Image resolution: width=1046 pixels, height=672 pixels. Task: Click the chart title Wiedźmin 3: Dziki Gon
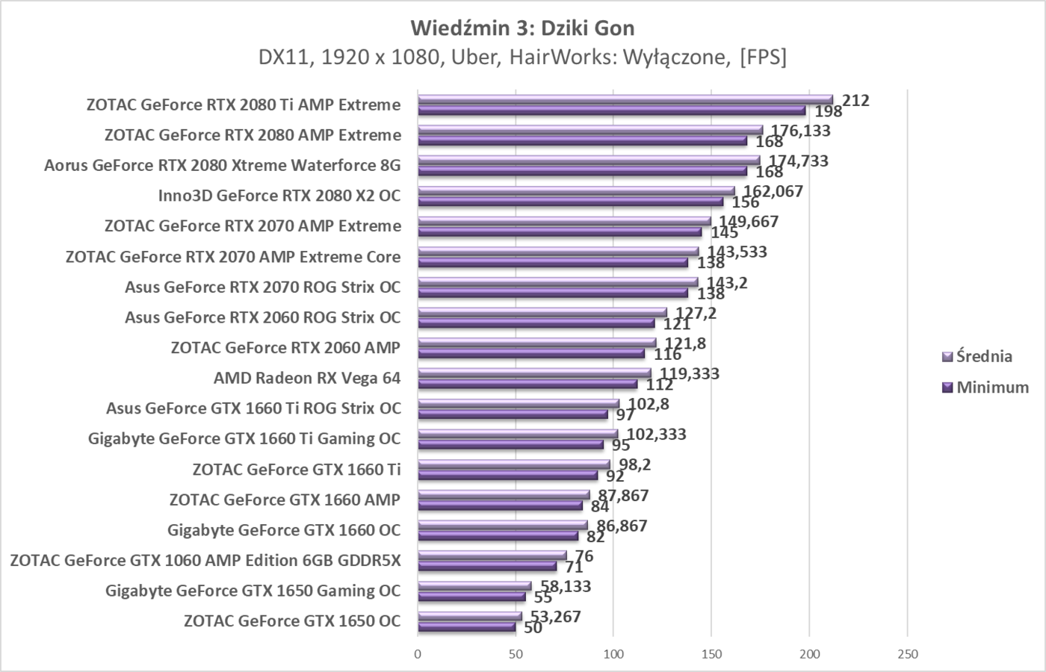coord(522,28)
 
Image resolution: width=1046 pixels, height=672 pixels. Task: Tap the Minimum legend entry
coord(991,387)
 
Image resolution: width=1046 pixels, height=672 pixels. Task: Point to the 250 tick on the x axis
coord(907,654)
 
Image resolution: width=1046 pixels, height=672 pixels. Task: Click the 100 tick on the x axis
coord(613,654)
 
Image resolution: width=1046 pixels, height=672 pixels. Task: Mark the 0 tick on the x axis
coord(418,654)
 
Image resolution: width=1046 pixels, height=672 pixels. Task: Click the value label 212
coord(855,100)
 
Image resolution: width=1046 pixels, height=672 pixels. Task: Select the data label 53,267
coord(555,616)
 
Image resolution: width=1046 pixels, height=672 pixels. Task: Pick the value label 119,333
coord(689,373)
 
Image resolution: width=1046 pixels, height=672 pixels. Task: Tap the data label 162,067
coord(773,191)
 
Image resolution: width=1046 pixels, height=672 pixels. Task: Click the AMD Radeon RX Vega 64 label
coord(307,378)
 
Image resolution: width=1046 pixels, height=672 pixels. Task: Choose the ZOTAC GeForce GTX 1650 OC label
coord(292,620)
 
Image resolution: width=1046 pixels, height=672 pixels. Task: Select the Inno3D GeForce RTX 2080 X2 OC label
coord(279,196)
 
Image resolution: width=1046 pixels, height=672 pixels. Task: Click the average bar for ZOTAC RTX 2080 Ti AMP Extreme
coord(625,99)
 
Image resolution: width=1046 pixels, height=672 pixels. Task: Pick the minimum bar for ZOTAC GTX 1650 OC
coord(466,627)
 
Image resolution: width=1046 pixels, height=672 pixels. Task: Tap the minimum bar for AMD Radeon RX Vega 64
coord(527,385)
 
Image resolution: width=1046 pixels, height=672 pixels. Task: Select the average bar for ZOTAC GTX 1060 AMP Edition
coord(492,555)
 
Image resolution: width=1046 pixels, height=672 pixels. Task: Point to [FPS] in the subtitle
coord(763,57)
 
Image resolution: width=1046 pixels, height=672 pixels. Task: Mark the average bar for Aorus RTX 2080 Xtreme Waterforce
coord(588,160)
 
